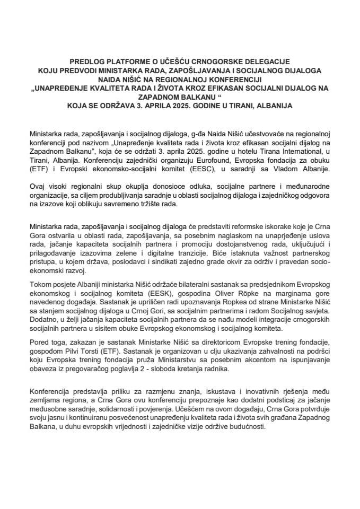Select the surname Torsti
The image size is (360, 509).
[x=113, y=353]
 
